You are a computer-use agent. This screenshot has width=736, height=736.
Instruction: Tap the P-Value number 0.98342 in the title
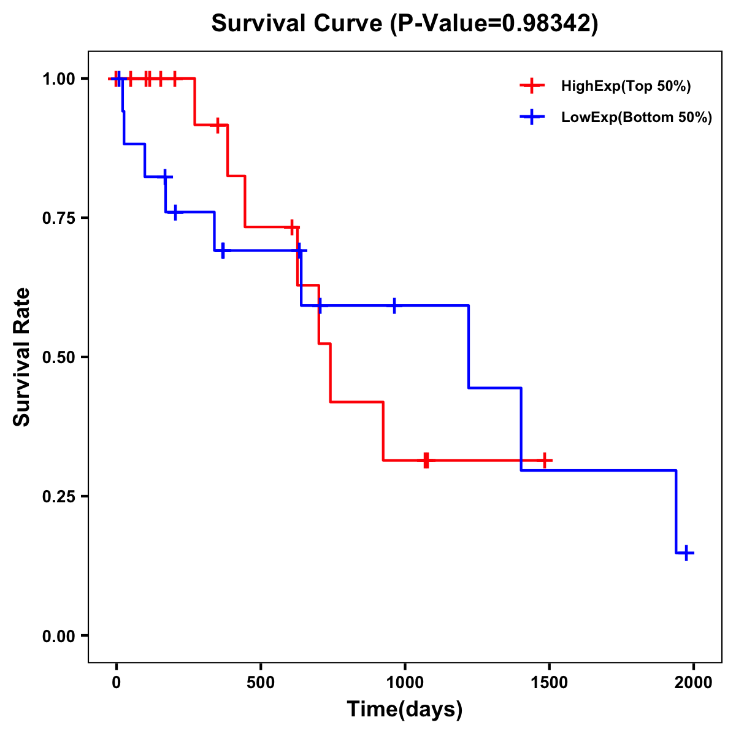(547, 24)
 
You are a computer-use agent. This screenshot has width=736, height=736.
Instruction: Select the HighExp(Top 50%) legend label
(626, 86)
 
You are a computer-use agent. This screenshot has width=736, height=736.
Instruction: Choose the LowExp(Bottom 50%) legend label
(637, 118)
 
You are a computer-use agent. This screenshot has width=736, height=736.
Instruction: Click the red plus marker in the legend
(532, 86)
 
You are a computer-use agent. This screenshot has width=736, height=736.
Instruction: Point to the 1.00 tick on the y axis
(58, 79)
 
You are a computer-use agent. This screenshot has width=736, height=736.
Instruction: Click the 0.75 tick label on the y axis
(58, 218)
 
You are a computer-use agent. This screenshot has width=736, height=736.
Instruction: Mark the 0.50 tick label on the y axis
(58, 357)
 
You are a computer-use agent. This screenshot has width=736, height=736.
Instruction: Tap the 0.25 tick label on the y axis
(58, 496)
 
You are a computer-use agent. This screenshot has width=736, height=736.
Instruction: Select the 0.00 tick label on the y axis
(58, 635)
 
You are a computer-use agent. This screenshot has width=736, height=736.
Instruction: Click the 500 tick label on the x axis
(261, 683)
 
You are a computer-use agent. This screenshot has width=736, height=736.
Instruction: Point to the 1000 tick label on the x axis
(405, 683)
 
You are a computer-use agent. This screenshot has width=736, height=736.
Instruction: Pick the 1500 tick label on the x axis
(550, 683)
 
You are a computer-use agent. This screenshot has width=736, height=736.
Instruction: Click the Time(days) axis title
(405, 710)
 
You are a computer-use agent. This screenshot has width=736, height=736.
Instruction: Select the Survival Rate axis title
(22, 357)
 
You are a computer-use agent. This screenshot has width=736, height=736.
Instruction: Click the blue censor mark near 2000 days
(687, 553)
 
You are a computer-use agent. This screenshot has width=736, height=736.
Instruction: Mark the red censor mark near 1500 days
(545, 460)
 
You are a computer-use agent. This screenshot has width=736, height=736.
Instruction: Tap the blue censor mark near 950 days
(394, 305)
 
